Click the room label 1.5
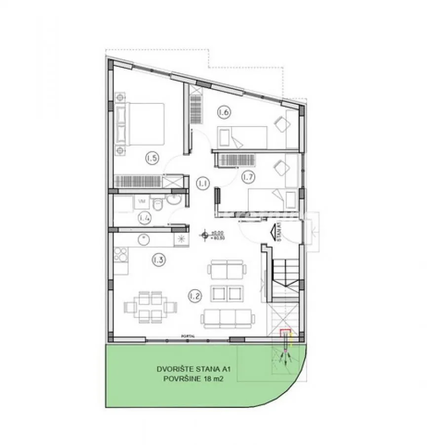(152, 158)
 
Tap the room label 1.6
(224, 113)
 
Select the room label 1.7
(247, 176)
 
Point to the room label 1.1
(202, 183)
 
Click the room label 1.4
(144, 217)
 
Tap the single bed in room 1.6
(241, 136)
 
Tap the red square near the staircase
(284, 333)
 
